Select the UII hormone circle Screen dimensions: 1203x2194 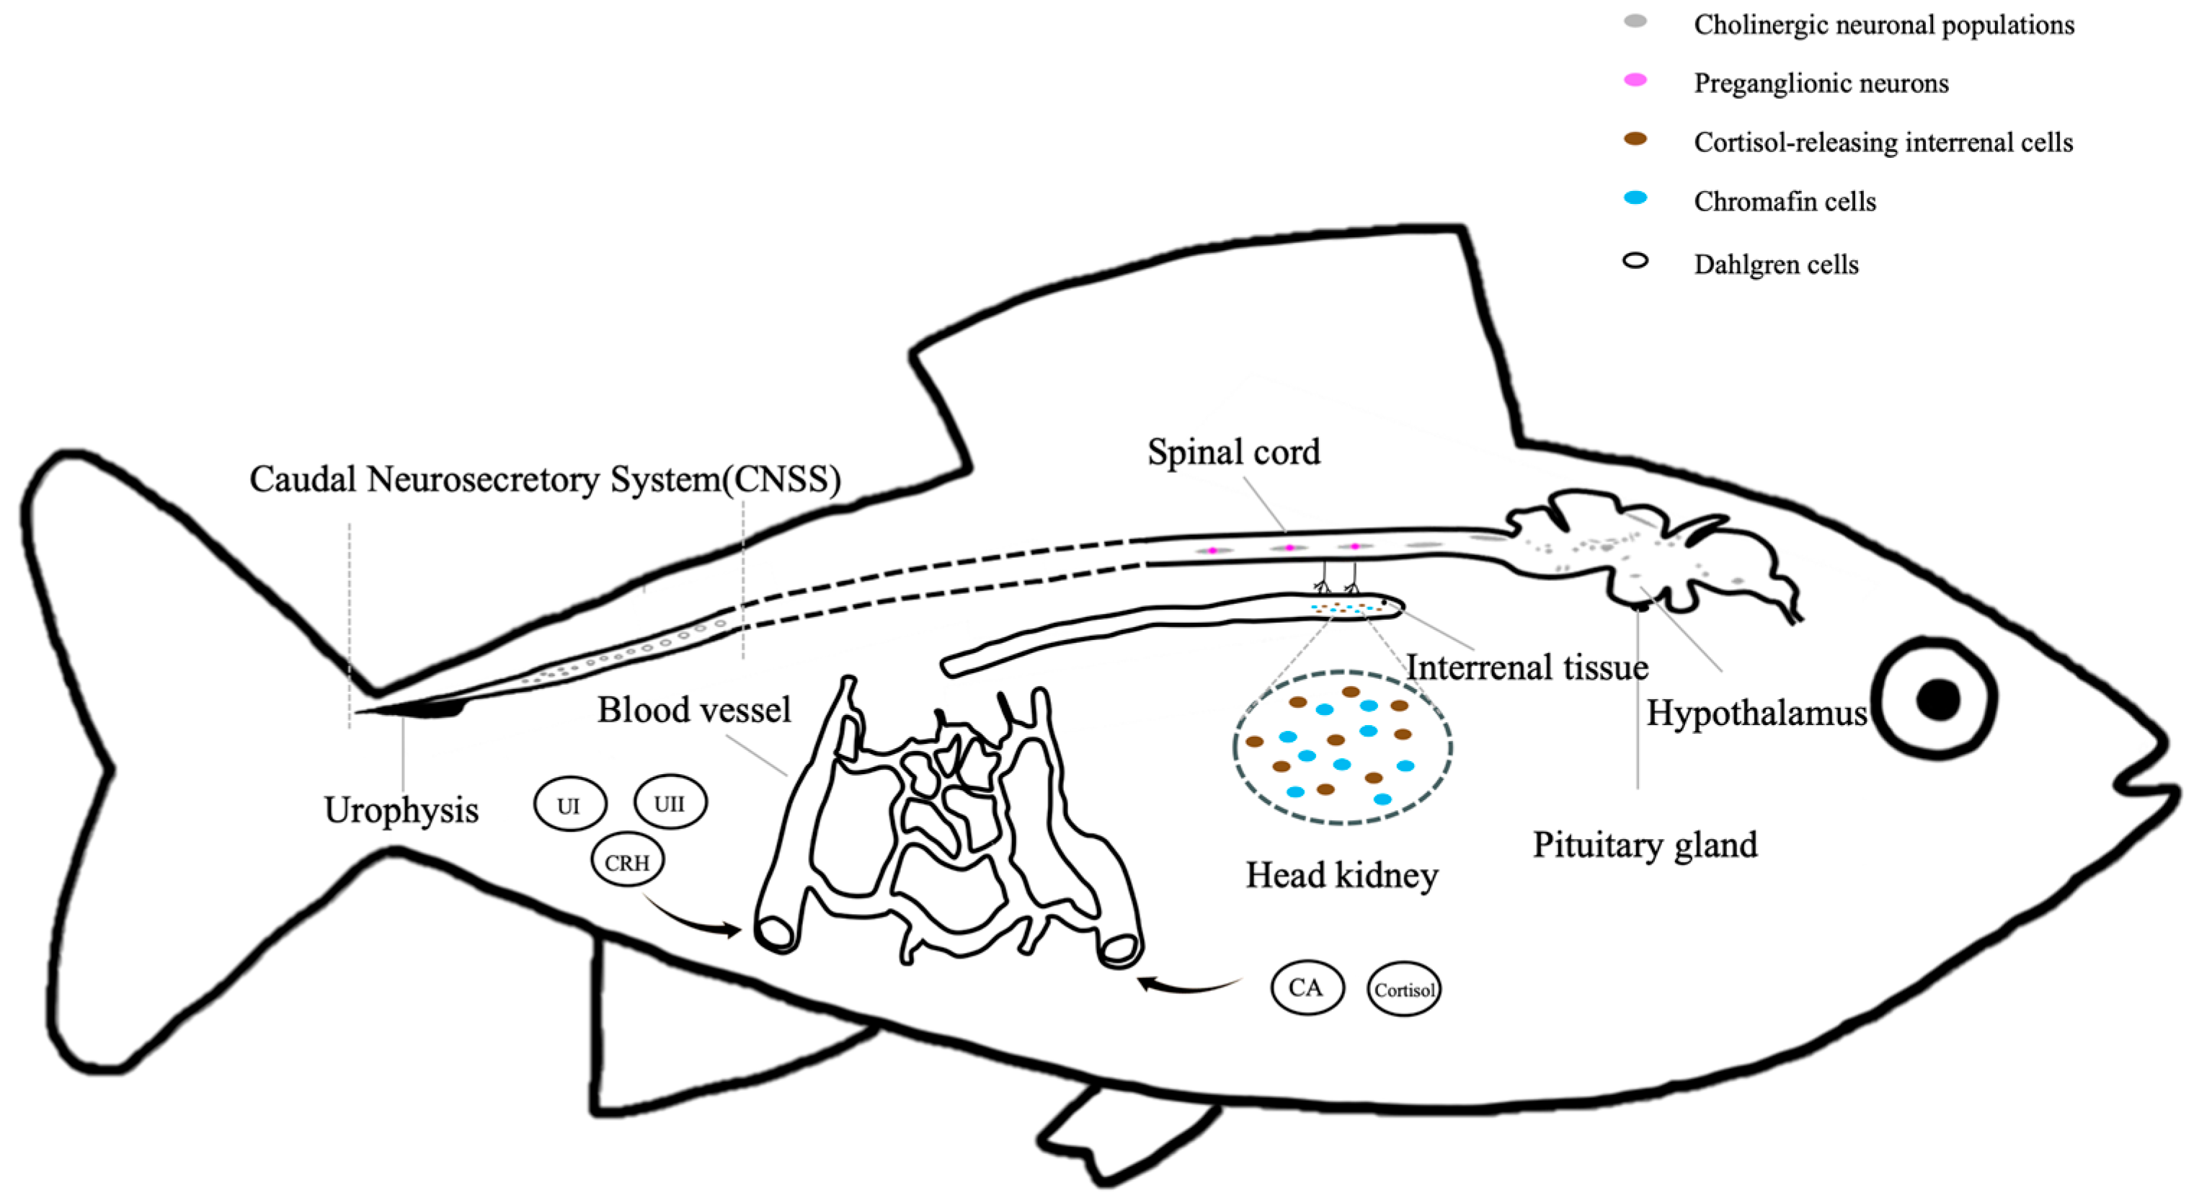click(x=670, y=802)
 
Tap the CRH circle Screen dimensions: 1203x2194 click(x=627, y=861)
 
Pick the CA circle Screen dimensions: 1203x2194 click(x=1307, y=987)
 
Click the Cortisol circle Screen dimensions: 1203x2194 click(x=1403, y=989)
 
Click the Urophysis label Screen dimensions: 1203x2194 click(x=401, y=810)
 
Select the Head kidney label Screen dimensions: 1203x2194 click(x=1341, y=875)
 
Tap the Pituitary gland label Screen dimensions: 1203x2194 click(x=1645, y=845)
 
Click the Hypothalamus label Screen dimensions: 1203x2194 click(x=1756, y=713)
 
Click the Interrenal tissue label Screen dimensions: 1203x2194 click(x=1527, y=667)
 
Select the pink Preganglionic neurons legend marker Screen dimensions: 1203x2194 click(x=1635, y=80)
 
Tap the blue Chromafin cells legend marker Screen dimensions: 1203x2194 click(x=1635, y=197)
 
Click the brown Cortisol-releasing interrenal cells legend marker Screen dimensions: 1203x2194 click(x=1635, y=139)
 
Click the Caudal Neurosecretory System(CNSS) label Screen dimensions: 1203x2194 click(x=545, y=479)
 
